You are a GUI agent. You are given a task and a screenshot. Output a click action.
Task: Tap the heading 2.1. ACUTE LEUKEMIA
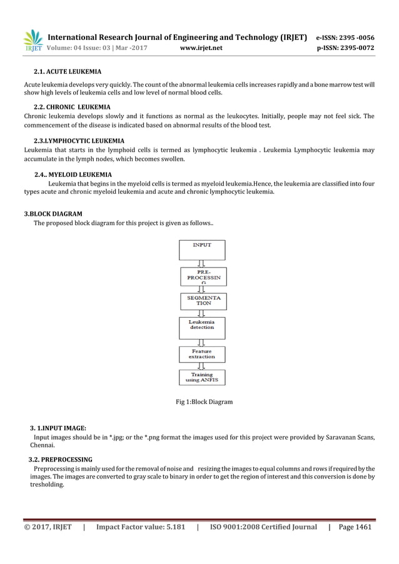click(68, 73)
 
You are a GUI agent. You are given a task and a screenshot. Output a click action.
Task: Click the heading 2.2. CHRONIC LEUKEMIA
click(72, 107)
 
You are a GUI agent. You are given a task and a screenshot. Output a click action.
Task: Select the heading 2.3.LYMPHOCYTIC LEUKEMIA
click(78, 141)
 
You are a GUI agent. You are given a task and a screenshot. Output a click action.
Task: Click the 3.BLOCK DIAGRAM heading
click(53, 214)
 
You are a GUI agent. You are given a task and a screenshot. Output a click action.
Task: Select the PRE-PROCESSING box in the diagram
click(202, 277)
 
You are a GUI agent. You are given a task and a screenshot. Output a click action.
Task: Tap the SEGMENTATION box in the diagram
click(202, 301)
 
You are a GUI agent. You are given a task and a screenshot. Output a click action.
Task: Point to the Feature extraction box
click(202, 355)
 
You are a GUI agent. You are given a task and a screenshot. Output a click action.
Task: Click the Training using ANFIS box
click(202, 378)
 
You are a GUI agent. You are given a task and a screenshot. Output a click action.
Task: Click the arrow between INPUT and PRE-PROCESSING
click(201, 264)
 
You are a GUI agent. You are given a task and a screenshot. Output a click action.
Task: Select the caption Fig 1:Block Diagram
click(204, 401)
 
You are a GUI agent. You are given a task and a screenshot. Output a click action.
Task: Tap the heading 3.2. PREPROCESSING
click(56, 460)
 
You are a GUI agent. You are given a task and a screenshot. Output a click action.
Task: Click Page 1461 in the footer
click(355, 527)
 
